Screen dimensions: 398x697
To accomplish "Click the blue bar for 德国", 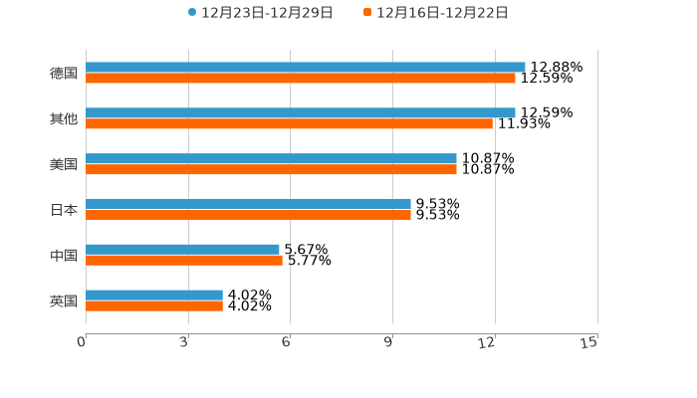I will tap(306, 68).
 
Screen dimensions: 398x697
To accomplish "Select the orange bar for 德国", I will tap(301, 79).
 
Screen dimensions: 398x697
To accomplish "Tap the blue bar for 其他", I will tap(301, 113).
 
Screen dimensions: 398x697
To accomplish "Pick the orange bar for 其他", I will tap(289, 124).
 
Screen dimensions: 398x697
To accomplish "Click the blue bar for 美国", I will tap(271, 159).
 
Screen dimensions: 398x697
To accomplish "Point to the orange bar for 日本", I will tap(248, 215).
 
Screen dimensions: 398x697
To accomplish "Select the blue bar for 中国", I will tap(182, 250).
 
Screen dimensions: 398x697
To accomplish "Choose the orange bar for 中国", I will tap(184, 261).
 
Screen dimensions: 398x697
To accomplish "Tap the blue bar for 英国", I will tap(154, 296).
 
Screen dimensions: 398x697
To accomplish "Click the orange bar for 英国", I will tap(154, 306).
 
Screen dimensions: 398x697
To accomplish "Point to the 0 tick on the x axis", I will tap(82, 342).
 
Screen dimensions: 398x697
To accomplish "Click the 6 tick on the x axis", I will tap(286, 342).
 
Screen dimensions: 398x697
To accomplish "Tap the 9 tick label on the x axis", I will tap(388, 342).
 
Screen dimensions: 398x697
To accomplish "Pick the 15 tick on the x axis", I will tap(589, 342).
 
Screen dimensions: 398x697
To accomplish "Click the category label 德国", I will tap(64, 74).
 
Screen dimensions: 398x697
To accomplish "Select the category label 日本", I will tap(64, 210).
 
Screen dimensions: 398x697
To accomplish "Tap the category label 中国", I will tap(64, 256).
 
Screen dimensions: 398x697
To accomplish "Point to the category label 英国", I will tap(64, 301).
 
